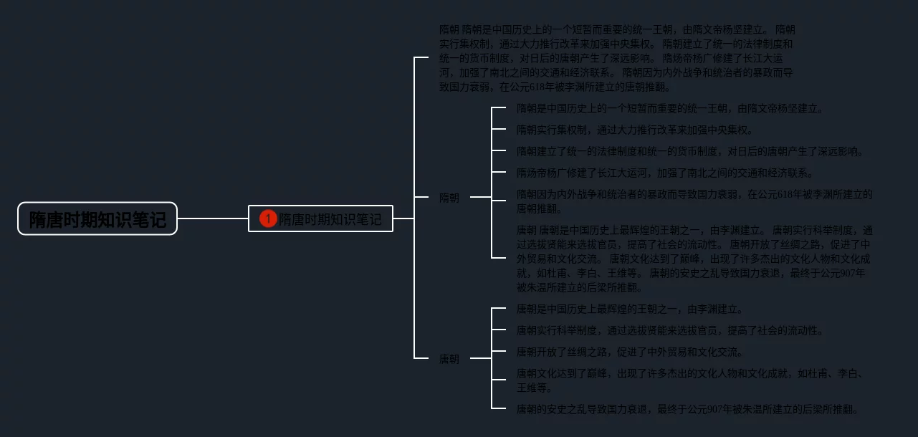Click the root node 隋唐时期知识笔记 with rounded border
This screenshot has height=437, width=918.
coord(97,218)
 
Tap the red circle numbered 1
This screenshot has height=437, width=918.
coord(268,218)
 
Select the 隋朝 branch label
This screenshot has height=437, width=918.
coord(449,198)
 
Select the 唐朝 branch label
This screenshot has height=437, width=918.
coord(449,359)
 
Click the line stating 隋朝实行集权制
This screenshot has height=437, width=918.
coord(635,130)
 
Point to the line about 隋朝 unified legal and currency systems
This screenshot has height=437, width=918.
coord(689,152)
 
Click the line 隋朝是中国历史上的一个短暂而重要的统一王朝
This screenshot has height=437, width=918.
coord(670,109)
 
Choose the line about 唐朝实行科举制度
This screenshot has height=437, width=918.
coord(670,331)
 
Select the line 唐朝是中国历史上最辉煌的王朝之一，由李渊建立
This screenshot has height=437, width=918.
coord(630,309)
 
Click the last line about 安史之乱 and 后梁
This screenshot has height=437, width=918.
coord(687,410)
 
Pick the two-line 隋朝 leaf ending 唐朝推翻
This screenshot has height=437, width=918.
coord(694,201)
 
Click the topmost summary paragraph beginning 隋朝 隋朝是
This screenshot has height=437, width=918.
coord(617,58)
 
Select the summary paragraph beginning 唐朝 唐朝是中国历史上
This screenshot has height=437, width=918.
coord(694,259)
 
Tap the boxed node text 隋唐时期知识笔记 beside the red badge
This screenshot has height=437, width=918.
coord(330,219)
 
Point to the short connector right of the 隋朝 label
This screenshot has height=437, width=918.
coord(480,197)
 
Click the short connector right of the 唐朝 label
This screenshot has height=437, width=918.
coord(480,358)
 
